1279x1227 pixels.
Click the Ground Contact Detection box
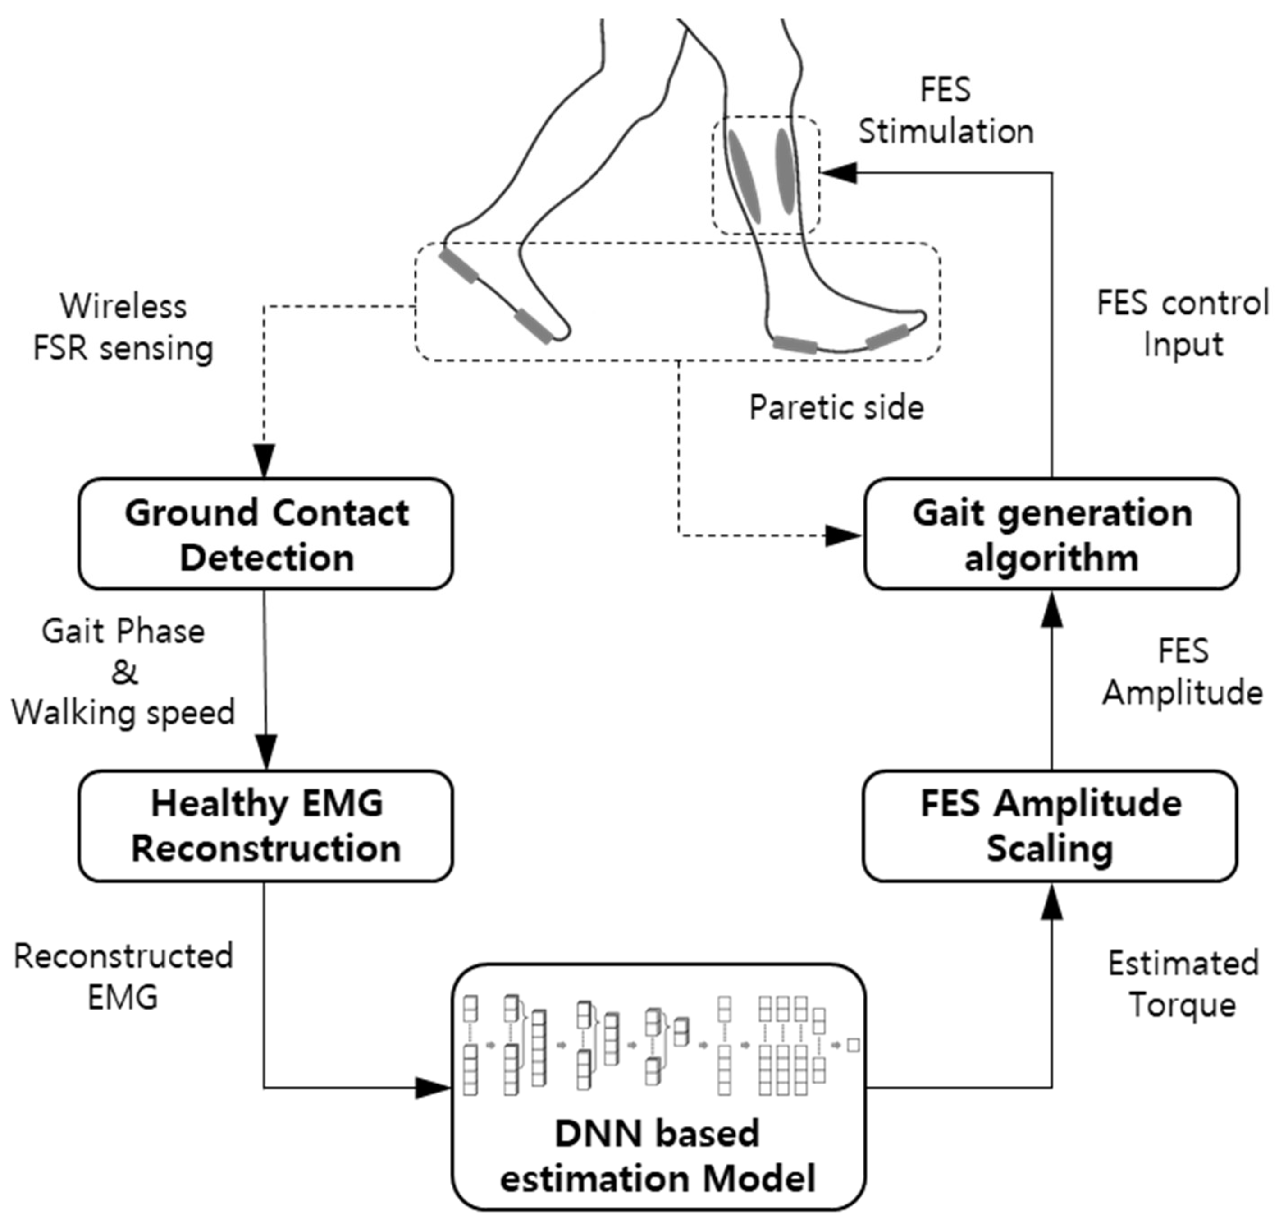pyautogui.click(x=265, y=534)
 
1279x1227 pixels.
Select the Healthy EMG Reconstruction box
pyautogui.click(x=265, y=826)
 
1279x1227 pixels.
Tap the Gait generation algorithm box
pyautogui.click(x=1051, y=534)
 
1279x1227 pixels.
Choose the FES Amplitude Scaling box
pyautogui.click(x=1050, y=826)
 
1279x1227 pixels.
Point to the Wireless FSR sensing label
pyautogui.click(x=123, y=327)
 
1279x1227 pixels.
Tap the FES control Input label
pyautogui.click(x=1183, y=324)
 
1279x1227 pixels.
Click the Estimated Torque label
pyautogui.click(x=1183, y=983)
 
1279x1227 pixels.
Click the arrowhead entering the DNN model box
pyautogui.click(x=433, y=1088)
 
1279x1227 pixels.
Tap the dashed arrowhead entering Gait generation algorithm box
pyautogui.click(x=843, y=536)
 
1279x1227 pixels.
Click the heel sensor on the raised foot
pyautogui.click(x=459, y=266)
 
